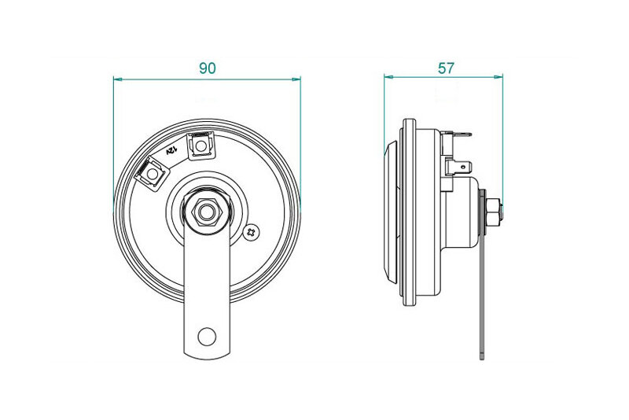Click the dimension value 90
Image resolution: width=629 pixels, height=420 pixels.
click(x=208, y=68)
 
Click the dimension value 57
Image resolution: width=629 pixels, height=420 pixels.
click(x=446, y=68)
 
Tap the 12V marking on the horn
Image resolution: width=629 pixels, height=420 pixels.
click(x=171, y=151)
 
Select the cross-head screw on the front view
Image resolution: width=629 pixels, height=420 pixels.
click(x=252, y=231)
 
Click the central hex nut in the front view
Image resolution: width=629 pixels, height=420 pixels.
click(x=207, y=212)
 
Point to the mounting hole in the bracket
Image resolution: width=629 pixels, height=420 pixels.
click(x=207, y=336)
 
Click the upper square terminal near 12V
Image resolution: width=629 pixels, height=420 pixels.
click(x=200, y=146)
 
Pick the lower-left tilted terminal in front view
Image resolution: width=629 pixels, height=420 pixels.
click(x=152, y=174)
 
